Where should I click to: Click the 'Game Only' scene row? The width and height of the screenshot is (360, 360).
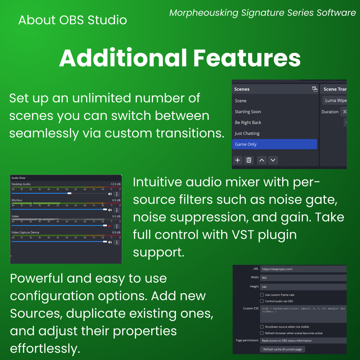pos(274,144)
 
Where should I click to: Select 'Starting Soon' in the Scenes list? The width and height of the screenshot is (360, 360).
pos(248,112)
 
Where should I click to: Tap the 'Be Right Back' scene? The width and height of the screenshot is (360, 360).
pos(248,122)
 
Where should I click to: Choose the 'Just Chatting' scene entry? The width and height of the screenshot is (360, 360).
pos(247,133)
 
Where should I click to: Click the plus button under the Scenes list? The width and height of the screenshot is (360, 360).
pos(238,160)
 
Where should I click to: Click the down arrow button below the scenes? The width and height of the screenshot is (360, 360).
pos(273,160)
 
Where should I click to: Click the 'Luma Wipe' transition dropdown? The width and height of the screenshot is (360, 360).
pos(335,100)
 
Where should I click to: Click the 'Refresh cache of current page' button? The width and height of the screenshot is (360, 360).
pos(283,349)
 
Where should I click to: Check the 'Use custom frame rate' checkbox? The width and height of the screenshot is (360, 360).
pos(262,295)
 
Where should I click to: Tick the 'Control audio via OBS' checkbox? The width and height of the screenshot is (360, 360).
pos(262,301)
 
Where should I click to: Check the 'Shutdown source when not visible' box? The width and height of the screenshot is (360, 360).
pos(262,327)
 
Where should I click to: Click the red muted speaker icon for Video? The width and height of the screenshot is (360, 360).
pos(110,226)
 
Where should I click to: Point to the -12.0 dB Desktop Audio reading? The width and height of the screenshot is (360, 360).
pos(115,184)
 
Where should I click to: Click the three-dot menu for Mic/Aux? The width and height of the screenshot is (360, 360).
pos(117,210)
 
